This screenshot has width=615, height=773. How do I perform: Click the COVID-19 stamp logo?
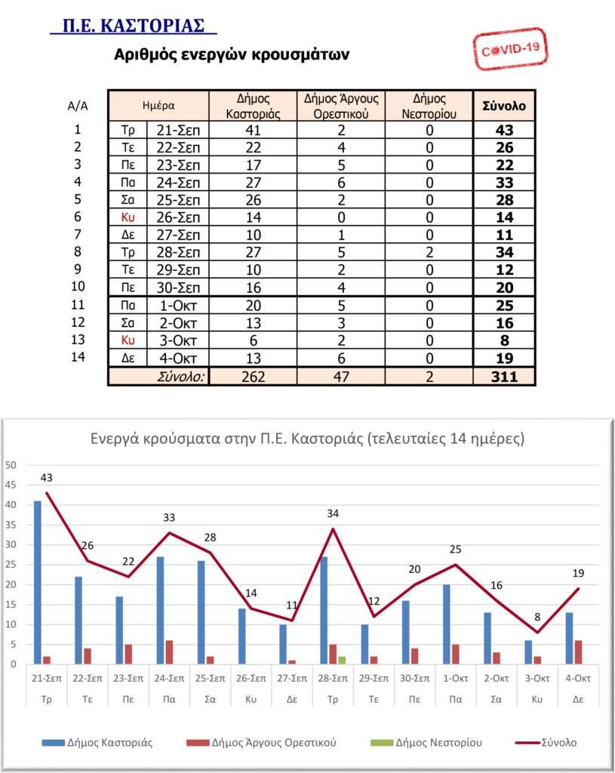509,48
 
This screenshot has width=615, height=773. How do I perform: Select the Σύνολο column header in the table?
503,106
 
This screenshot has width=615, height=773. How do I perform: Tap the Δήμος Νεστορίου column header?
429,106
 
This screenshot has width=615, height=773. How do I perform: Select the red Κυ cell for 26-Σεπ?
128,217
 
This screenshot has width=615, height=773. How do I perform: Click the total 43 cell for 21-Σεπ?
503,130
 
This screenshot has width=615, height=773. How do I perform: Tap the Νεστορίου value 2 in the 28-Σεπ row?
429,252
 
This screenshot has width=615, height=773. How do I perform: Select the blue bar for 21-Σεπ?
38,582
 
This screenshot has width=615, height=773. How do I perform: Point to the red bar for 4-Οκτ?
578,651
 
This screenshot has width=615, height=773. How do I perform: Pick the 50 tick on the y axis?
11,465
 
